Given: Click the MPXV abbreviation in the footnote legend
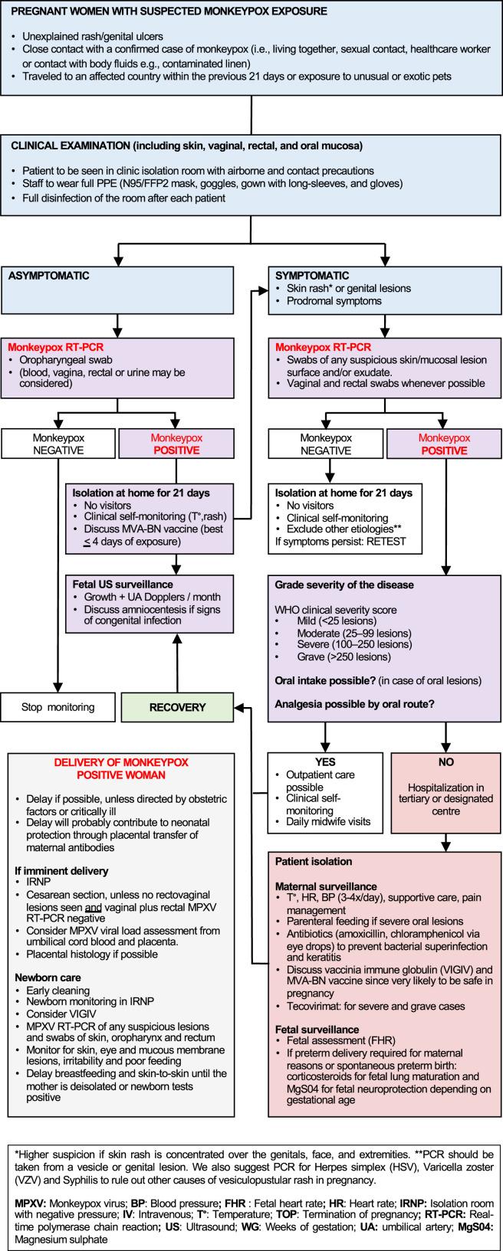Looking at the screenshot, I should pos(24,1187).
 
